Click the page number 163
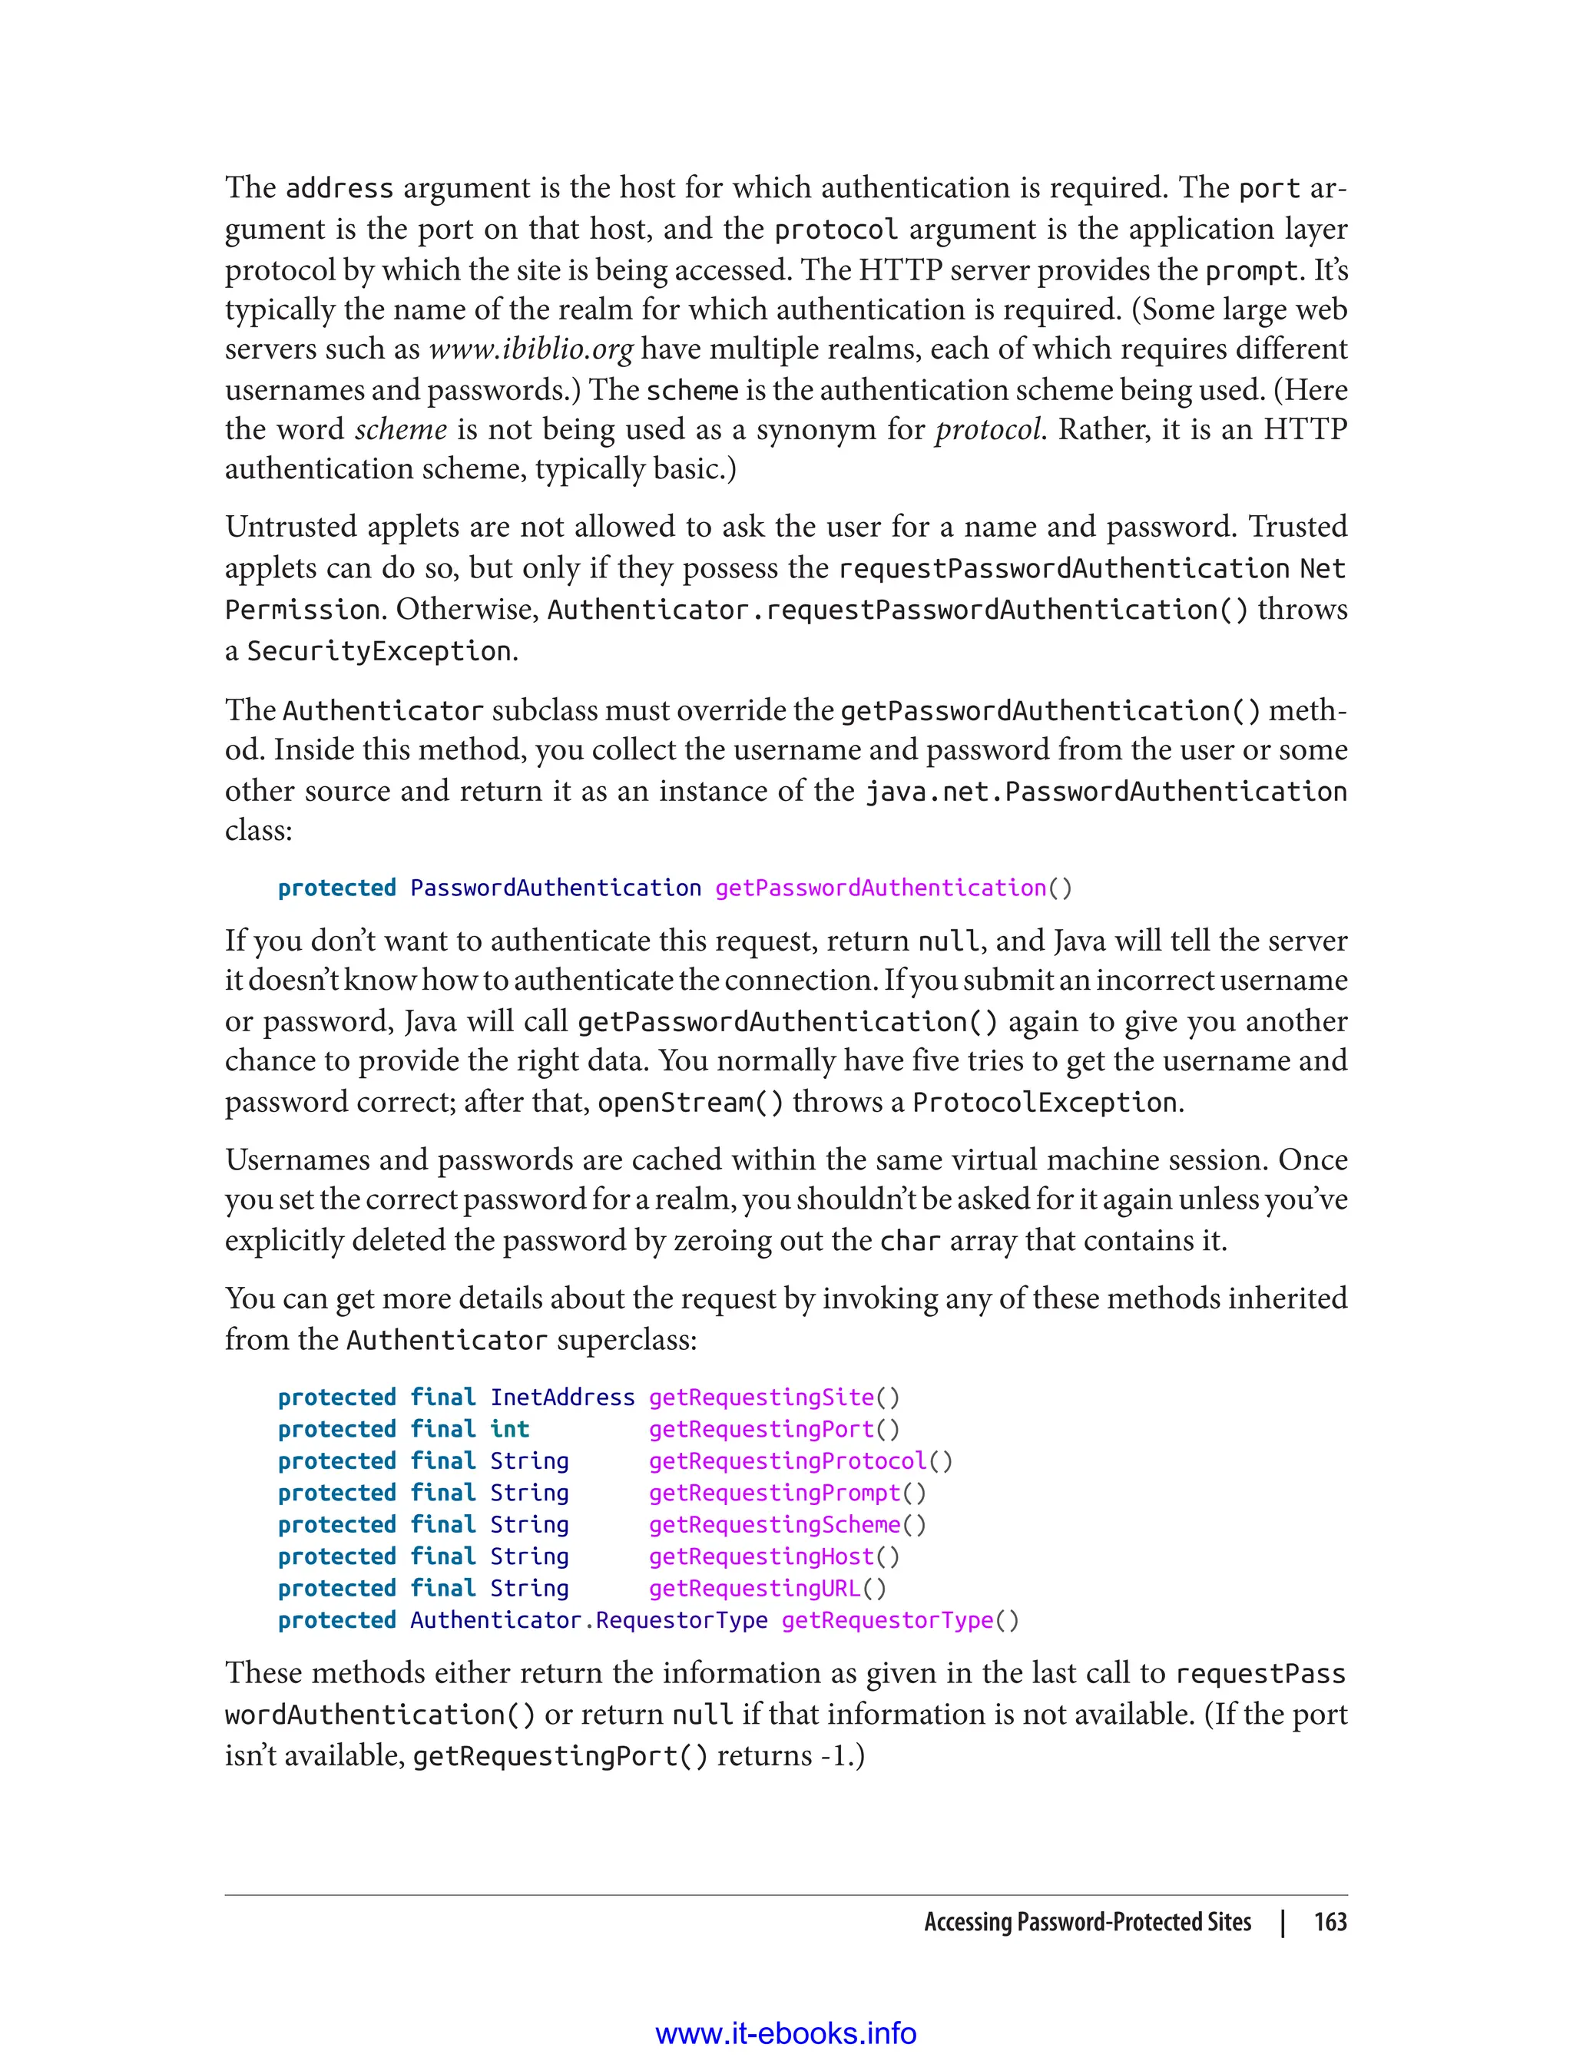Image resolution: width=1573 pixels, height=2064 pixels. pyautogui.click(x=1330, y=1922)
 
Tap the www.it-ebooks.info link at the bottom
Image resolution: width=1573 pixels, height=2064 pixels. pyautogui.click(x=786, y=2034)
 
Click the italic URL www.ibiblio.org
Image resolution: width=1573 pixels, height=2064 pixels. pyautogui.click(x=531, y=350)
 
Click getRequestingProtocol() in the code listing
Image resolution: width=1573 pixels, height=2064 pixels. pyautogui.click(x=800, y=1461)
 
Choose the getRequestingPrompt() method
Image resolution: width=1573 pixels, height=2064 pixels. pyautogui.click(x=786, y=1493)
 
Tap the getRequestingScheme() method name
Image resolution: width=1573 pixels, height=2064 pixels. pyautogui.click(x=786, y=1525)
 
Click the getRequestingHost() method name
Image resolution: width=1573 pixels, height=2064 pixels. pyautogui.click(x=773, y=1556)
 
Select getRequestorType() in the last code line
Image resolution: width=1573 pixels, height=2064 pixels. pyautogui.click(x=900, y=1620)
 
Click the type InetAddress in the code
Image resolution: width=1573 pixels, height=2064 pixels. pyautogui.click(x=561, y=1397)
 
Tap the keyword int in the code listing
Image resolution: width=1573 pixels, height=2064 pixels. pyautogui.click(x=509, y=1429)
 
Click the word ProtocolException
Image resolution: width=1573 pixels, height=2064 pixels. pyautogui.click(x=1044, y=1103)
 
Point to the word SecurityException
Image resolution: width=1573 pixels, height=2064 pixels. pyautogui.click(x=379, y=650)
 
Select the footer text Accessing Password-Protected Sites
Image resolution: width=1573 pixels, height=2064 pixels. pyautogui.click(x=1087, y=1922)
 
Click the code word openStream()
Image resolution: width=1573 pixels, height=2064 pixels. pyautogui.click(x=690, y=1103)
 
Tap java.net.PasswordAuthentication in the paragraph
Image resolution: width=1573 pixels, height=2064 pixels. pyautogui.click(x=1104, y=792)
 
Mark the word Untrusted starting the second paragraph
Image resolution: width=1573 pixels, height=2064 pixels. pyautogui.click(x=291, y=527)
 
